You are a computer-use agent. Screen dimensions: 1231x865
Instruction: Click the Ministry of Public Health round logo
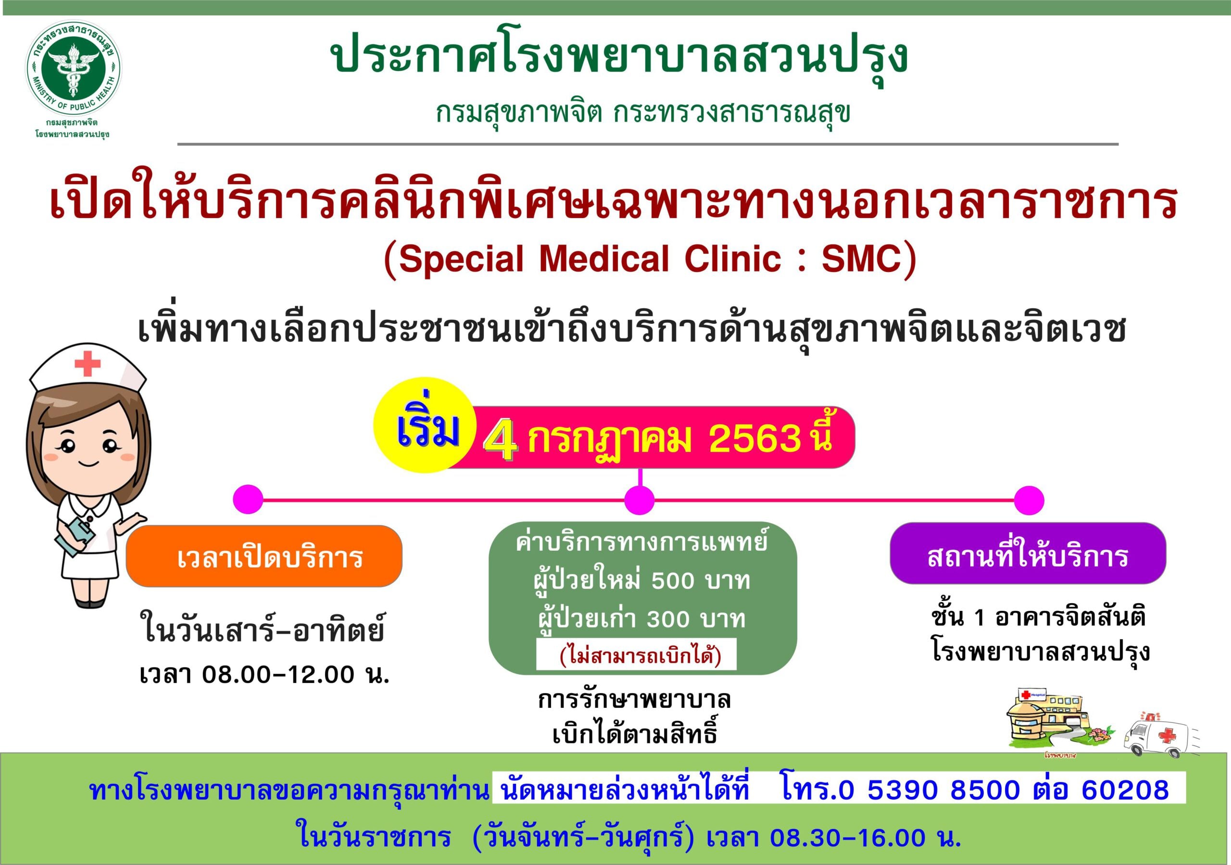point(74,68)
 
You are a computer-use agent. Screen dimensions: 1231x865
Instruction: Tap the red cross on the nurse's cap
point(88,364)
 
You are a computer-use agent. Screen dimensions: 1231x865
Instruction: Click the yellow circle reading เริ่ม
point(425,425)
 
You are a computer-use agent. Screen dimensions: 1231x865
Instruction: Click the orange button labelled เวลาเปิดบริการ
point(264,556)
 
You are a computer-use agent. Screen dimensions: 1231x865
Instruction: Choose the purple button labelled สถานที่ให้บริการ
point(1028,554)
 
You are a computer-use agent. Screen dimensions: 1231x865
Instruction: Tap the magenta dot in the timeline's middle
point(639,500)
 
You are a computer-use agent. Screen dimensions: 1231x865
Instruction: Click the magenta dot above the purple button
point(1029,500)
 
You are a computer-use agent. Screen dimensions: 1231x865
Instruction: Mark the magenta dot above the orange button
point(248,499)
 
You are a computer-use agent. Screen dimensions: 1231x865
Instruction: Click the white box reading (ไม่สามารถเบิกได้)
point(636,654)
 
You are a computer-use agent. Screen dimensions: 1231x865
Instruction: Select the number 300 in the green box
point(668,619)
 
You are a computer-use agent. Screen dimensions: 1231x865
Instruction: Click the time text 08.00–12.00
point(278,675)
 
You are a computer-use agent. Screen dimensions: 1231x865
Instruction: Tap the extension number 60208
point(1125,790)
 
